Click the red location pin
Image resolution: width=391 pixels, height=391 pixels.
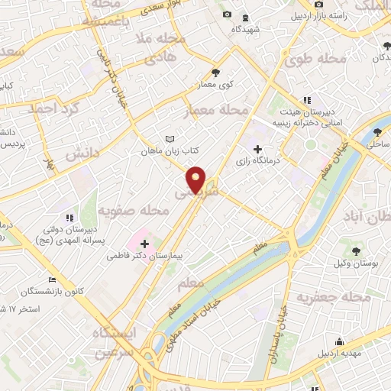click(196, 179)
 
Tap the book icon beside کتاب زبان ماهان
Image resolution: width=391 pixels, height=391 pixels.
click(170, 139)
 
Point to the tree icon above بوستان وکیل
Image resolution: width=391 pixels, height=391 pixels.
click(357, 250)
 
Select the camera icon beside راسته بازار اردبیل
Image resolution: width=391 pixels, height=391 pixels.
click(294, 15)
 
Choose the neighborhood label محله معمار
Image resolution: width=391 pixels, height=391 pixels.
click(218, 111)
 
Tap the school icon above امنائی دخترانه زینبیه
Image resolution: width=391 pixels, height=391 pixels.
click(307, 99)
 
